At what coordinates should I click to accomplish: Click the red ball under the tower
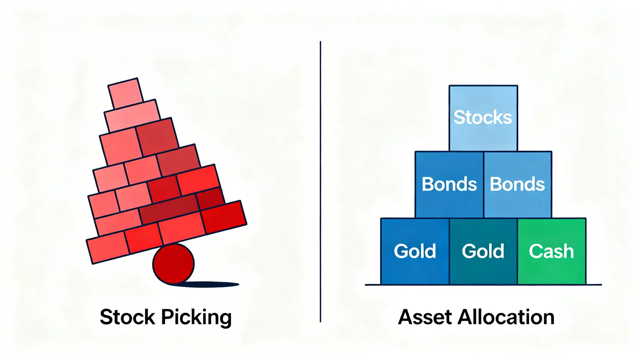[173, 264]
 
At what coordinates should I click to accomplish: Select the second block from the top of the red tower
[133, 115]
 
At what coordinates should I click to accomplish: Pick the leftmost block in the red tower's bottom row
[107, 248]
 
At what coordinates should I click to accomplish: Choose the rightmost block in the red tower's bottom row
[224, 217]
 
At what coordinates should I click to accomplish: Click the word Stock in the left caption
[127, 317]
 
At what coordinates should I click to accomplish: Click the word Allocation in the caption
[506, 317]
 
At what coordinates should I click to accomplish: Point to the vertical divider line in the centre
[320, 181]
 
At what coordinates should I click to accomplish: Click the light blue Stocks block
[483, 118]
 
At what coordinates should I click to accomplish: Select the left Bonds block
[449, 184]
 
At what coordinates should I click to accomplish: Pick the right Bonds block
[517, 184]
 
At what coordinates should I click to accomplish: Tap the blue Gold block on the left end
[415, 251]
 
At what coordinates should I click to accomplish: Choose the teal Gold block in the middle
[483, 251]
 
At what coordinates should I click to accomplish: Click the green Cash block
[551, 251]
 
